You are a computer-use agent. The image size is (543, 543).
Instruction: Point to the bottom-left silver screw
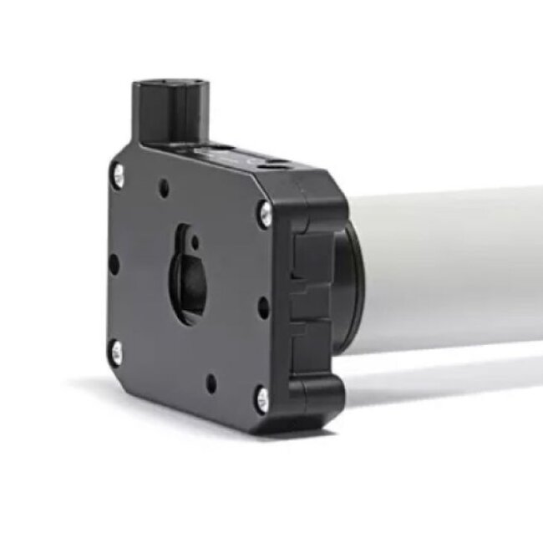(116, 351)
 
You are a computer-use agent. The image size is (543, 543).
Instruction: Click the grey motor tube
(451, 267)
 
